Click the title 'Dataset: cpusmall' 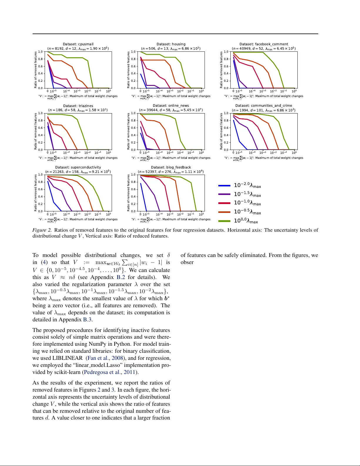[78, 44]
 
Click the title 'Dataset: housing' [171, 44]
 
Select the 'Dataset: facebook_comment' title [264, 44]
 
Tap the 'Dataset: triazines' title [78, 106]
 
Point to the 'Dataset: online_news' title [171, 106]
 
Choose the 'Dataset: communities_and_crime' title [264, 106]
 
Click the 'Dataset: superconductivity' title [78, 167]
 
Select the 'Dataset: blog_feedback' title [171, 167]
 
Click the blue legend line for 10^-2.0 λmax [224, 186]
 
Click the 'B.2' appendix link [121, 277]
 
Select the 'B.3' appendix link [88, 320]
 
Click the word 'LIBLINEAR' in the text [67, 358]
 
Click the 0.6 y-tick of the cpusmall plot [41, 66]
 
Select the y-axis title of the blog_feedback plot [128, 193]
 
